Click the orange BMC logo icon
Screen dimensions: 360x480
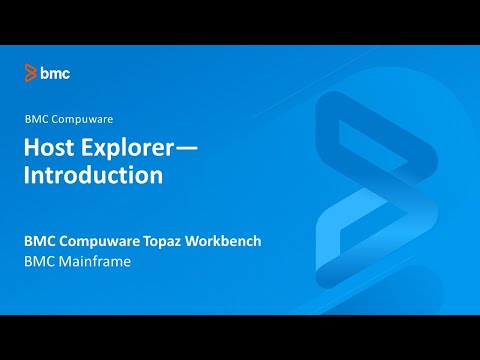[31, 73]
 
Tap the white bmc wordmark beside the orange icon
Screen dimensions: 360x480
[55, 73]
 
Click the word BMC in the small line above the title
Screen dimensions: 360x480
[37, 118]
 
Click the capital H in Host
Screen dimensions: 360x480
[32, 148]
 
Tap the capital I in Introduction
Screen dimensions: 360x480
[27, 175]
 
